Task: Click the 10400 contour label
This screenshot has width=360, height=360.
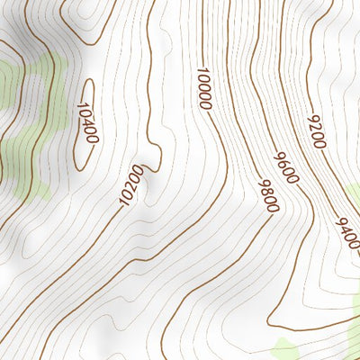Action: point(87,122)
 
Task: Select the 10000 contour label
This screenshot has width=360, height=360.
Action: point(203,88)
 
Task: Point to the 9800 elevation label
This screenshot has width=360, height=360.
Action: point(268,195)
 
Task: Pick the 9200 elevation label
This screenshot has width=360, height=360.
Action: point(316,131)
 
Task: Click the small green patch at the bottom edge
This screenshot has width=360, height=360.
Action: point(286,349)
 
